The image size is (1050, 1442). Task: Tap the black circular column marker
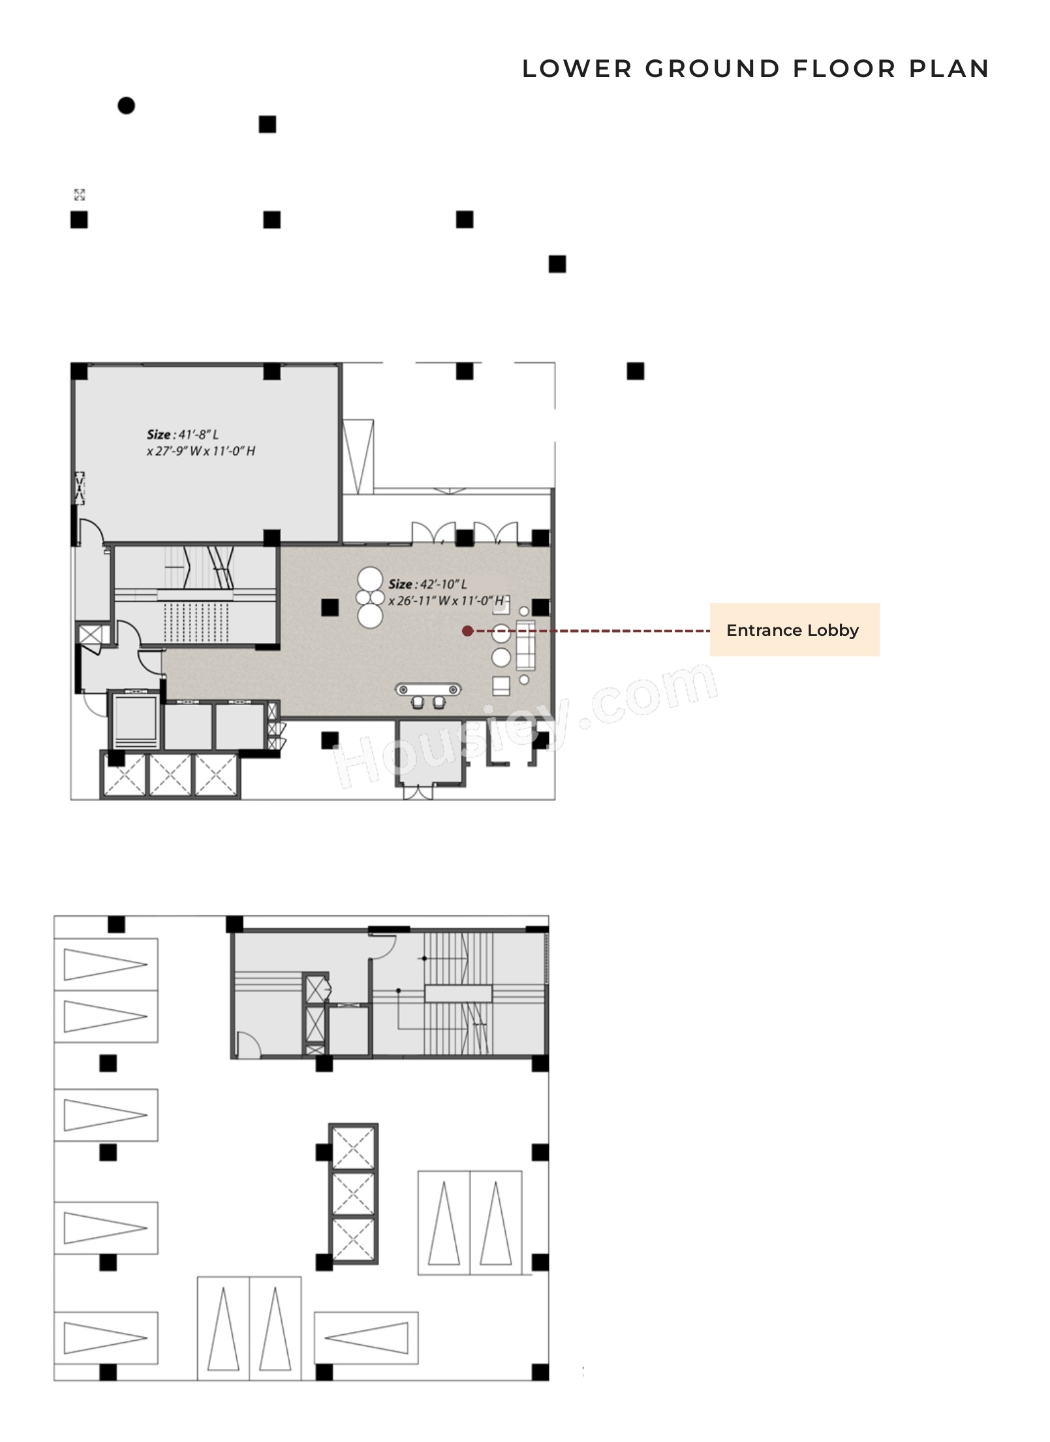click(x=126, y=105)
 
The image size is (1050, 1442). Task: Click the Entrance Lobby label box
click(x=794, y=630)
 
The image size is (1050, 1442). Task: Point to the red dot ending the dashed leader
click(x=467, y=631)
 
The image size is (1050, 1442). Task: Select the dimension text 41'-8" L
click(x=196, y=435)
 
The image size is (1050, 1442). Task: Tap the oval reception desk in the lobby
click(x=429, y=689)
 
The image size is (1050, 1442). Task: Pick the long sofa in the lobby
click(x=525, y=645)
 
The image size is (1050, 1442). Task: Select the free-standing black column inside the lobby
click(x=330, y=608)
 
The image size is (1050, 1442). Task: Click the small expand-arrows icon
click(x=79, y=195)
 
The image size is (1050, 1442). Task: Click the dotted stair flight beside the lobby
click(x=196, y=624)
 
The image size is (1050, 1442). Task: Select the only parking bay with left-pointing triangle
click(x=365, y=1338)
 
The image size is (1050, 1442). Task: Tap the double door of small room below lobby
click(x=417, y=792)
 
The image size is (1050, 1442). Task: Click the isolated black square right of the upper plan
click(x=635, y=371)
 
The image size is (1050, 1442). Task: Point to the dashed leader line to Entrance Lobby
click(x=587, y=631)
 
